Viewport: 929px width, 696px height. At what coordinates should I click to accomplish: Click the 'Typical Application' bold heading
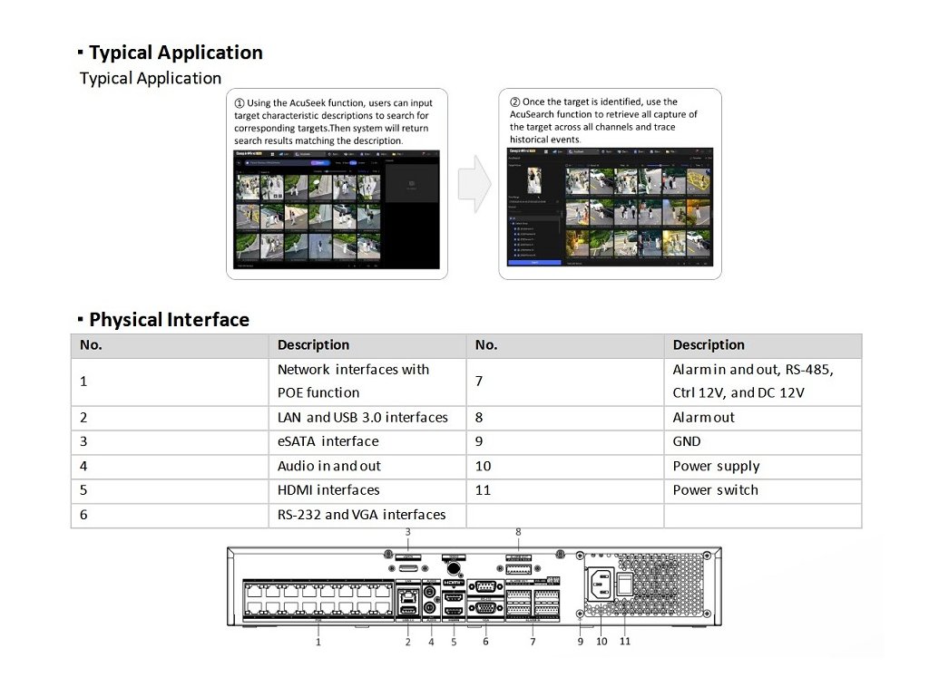175,53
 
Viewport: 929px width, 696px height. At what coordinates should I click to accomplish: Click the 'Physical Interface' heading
169,320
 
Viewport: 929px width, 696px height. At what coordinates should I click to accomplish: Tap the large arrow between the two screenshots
474,183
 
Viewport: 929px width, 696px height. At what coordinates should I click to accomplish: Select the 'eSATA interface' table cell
328,441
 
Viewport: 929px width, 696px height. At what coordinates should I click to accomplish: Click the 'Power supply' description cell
716,466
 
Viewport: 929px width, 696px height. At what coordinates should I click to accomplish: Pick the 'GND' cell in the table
687,441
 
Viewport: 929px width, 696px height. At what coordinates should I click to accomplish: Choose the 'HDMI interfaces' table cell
328,490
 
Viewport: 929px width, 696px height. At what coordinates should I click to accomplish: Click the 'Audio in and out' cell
329,466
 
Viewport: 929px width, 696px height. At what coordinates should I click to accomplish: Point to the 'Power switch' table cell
715,490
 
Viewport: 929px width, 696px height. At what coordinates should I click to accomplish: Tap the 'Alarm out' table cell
703,418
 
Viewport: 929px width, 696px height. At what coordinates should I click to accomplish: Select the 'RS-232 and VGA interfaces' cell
361,515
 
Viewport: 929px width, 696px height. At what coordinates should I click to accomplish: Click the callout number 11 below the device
625,642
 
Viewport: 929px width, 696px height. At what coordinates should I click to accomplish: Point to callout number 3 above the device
408,532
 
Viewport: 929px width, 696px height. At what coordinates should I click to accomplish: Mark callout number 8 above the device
518,532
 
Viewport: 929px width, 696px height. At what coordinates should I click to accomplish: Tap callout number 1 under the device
318,642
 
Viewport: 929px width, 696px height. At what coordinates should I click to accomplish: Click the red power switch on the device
624,585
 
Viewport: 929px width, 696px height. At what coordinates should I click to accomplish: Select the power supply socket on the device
599,584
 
